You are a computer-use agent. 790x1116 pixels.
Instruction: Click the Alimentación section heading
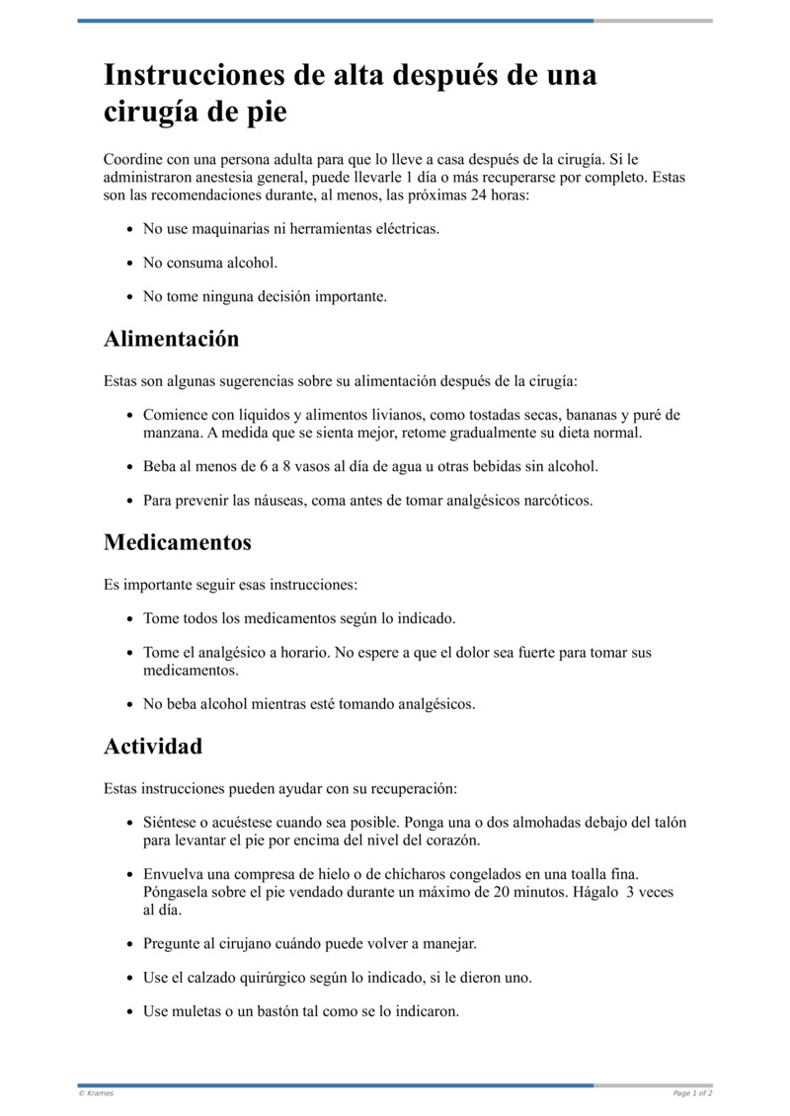pyautogui.click(x=171, y=339)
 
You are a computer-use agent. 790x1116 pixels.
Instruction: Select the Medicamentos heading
pyautogui.click(x=178, y=542)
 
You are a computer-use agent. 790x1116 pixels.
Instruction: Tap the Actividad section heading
pyautogui.click(x=153, y=746)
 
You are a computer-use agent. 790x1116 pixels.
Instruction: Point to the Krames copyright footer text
pyautogui.click(x=96, y=1093)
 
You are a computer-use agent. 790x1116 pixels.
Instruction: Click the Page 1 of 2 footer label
pyautogui.click(x=692, y=1093)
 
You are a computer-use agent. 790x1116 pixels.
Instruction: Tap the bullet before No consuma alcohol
pyautogui.click(x=131, y=263)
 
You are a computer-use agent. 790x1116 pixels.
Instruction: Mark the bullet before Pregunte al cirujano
pyautogui.click(x=131, y=944)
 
